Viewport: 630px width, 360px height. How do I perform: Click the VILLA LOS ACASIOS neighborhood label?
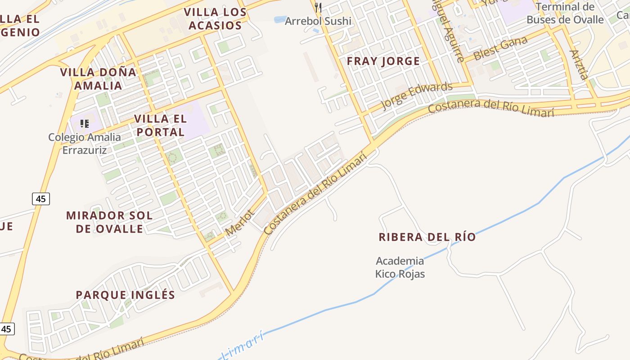pos(215,19)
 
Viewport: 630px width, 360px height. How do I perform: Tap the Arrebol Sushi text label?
pos(318,21)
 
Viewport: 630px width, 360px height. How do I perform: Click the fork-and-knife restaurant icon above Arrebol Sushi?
pos(318,7)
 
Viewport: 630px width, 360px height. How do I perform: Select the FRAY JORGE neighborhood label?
pos(383,61)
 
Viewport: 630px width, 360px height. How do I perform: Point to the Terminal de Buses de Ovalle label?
pos(565,13)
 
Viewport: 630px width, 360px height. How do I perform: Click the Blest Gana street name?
pos(500,49)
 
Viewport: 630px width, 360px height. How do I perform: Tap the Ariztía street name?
pos(579,65)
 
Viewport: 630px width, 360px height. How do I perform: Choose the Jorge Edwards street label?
pos(416,96)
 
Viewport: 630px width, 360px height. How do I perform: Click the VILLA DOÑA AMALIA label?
pos(98,79)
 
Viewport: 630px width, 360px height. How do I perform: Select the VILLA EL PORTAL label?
pos(161,126)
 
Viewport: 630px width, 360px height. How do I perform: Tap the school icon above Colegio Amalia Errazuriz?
pos(84,123)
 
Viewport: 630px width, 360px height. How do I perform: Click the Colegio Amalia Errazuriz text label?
pos(85,144)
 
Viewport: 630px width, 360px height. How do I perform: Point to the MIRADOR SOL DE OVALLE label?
pos(109,222)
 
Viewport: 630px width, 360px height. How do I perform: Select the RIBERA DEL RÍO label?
pos(427,237)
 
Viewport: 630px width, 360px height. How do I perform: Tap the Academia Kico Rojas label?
pos(400,267)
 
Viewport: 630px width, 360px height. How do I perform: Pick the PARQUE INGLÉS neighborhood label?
pos(125,295)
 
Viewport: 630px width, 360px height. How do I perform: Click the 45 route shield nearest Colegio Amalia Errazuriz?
pos(40,198)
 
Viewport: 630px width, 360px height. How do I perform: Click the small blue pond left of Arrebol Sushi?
pos(279,20)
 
